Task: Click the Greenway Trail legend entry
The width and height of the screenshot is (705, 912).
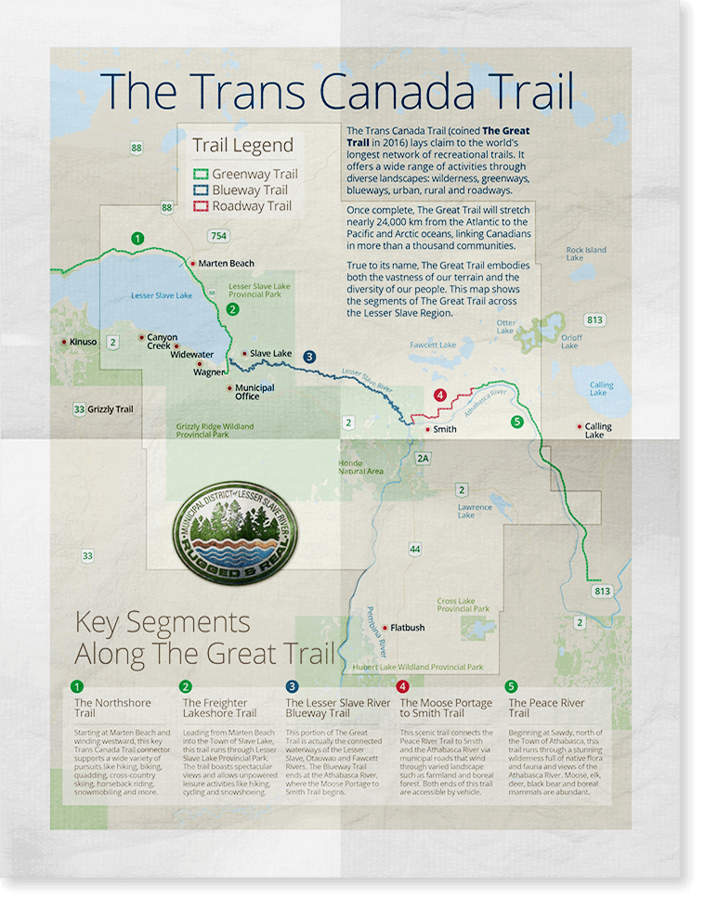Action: pyautogui.click(x=245, y=174)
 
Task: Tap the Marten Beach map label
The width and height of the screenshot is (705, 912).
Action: pyautogui.click(x=226, y=264)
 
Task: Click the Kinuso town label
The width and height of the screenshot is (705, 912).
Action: pyautogui.click(x=82, y=343)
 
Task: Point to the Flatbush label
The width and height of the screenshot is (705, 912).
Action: pyautogui.click(x=407, y=628)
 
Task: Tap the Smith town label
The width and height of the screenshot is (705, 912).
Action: pyautogui.click(x=445, y=429)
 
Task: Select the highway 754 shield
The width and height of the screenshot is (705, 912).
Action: pyautogui.click(x=218, y=235)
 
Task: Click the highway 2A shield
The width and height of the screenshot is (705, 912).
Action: pyautogui.click(x=424, y=459)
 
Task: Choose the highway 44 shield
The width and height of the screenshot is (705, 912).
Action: pyautogui.click(x=415, y=550)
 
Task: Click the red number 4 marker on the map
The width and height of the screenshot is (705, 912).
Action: pyautogui.click(x=440, y=395)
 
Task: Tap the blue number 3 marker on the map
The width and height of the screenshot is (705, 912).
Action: pyautogui.click(x=309, y=356)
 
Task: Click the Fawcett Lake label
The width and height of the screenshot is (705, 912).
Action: pyautogui.click(x=433, y=345)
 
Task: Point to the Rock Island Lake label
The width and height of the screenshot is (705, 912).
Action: pyautogui.click(x=586, y=254)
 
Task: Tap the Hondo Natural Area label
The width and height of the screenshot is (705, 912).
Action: pyautogui.click(x=360, y=467)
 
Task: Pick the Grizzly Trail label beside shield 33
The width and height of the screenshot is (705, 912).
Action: pyautogui.click(x=111, y=409)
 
